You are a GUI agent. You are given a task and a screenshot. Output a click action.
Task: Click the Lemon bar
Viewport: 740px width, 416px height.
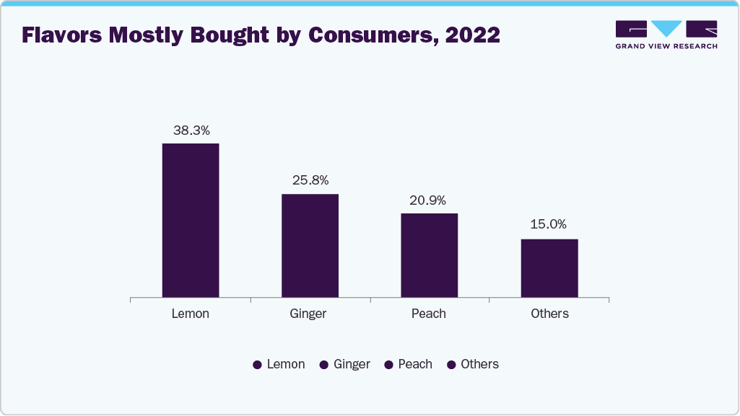point(191,220)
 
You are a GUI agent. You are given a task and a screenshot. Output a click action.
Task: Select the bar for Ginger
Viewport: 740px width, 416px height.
point(310,245)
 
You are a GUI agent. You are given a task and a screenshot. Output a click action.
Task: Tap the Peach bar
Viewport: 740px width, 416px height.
point(430,255)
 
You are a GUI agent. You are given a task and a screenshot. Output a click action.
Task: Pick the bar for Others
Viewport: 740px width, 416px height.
point(549,268)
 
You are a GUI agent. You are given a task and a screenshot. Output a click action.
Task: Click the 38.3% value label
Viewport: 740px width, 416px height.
point(191,130)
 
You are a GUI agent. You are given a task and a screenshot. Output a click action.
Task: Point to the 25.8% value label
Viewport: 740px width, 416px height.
point(310,180)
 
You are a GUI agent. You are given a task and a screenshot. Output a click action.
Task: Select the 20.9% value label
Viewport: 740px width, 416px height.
point(430,200)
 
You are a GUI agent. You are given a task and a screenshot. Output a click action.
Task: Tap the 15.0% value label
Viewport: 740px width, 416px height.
point(549,224)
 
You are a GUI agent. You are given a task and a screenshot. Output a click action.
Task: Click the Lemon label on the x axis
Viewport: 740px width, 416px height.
point(191,314)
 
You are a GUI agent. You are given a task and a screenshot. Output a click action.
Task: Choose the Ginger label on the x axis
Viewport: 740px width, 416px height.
point(308,314)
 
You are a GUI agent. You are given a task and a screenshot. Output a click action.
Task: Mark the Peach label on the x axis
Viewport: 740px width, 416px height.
point(429,314)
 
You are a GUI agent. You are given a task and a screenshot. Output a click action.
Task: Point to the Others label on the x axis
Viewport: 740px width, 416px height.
point(549,314)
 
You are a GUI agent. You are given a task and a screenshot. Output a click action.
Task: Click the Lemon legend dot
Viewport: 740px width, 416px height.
point(257,365)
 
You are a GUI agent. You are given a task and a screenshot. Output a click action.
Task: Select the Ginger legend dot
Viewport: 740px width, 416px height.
point(323,365)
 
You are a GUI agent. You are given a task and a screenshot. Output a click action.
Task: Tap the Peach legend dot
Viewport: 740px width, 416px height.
point(388,365)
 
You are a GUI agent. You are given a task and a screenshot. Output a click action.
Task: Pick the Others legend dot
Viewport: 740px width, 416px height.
point(450,365)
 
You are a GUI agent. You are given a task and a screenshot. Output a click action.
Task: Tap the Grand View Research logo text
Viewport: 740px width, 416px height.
point(666,46)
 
